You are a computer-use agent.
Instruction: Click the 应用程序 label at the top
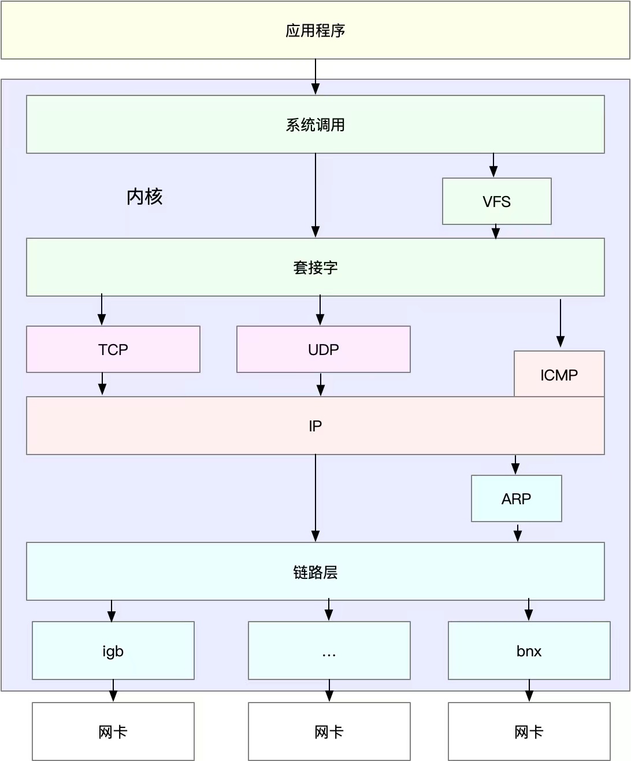(x=315, y=31)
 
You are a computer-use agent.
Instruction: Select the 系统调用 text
(x=315, y=125)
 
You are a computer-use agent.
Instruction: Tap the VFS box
(x=496, y=201)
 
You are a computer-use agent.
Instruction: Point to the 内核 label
(x=144, y=197)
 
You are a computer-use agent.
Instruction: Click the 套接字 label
(x=315, y=267)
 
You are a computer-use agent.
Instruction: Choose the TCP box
(x=113, y=349)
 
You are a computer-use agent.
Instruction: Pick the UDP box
(x=324, y=349)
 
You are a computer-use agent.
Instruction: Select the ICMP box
(x=559, y=374)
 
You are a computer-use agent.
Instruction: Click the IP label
(x=315, y=426)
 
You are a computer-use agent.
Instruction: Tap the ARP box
(x=516, y=498)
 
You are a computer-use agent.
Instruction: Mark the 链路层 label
(x=315, y=572)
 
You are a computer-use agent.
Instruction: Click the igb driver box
(x=113, y=651)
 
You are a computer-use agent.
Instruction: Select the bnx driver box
(x=529, y=651)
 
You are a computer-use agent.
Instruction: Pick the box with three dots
(x=329, y=651)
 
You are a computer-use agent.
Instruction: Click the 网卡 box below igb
(x=113, y=731)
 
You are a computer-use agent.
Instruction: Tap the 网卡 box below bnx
(x=529, y=731)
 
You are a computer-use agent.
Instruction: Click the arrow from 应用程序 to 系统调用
(x=315, y=77)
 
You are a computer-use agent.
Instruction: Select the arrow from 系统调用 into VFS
(x=493, y=165)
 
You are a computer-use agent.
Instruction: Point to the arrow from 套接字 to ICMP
(x=561, y=323)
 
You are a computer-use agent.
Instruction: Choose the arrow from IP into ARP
(x=515, y=465)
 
